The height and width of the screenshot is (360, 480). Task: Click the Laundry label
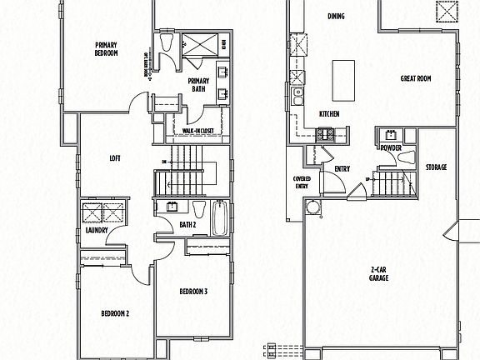[96, 231]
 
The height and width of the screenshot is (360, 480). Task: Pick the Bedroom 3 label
[193, 292]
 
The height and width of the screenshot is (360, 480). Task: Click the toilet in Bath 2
[200, 209]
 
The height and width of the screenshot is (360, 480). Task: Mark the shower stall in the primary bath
[197, 45]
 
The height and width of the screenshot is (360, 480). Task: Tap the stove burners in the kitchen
[323, 133]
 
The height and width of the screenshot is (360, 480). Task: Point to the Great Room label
[414, 79]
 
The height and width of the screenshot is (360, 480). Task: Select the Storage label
[436, 167]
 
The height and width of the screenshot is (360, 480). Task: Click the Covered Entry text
[301, 182]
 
